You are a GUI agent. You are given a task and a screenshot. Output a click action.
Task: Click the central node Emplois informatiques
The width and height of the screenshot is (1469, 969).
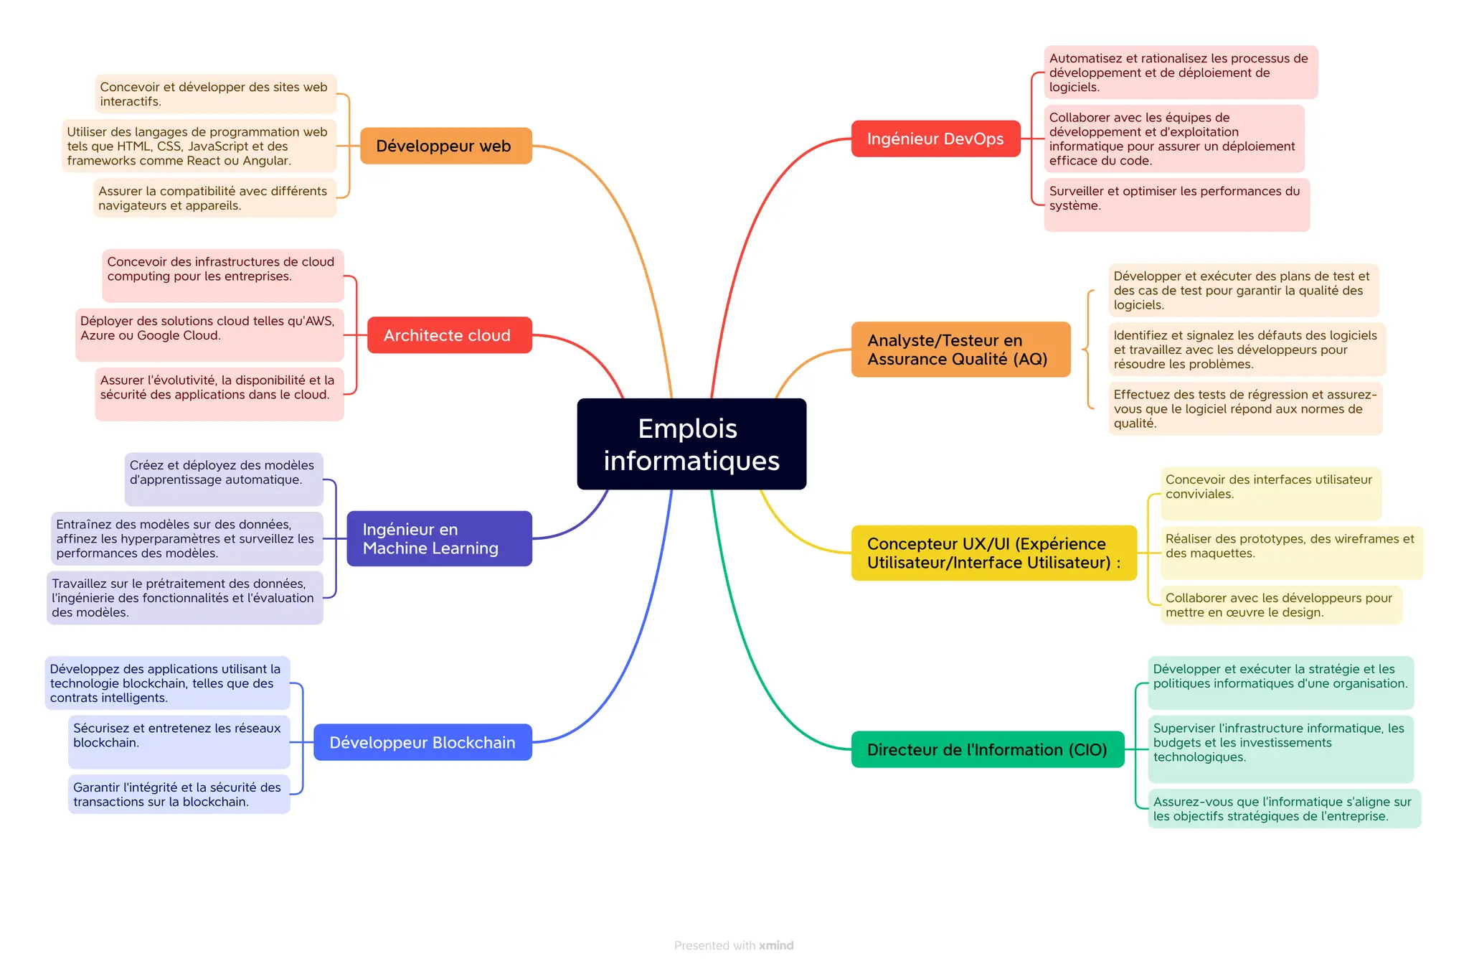point(691,444)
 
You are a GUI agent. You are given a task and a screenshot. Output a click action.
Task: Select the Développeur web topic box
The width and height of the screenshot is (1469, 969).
point(445,146)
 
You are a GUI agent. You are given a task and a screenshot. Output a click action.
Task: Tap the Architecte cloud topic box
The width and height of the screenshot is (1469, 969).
point(449,335)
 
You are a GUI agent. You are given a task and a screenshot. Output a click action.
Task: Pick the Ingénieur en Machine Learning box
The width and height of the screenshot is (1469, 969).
point(439,538)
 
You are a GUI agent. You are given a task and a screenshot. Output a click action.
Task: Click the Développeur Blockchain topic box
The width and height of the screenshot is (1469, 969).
point(422,742)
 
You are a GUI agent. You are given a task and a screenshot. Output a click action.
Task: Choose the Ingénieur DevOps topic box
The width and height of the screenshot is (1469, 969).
point(935,139)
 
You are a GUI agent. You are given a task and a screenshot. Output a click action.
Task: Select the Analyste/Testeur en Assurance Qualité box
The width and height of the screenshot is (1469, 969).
point(960,350)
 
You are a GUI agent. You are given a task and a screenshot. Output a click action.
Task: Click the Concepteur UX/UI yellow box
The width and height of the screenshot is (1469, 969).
point(993,553)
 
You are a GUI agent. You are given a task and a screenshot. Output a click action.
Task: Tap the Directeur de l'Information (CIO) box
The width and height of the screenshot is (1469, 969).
point(987,749)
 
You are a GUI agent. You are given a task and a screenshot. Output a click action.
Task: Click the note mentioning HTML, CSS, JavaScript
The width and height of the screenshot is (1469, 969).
point(199,146)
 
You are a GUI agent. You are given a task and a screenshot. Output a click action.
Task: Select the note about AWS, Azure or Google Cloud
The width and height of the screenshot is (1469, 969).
point(209,334)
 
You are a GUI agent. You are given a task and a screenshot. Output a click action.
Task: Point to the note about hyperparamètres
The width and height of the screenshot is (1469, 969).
point(186,538)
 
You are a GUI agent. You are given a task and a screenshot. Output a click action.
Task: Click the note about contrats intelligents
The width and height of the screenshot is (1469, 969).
point(167,683)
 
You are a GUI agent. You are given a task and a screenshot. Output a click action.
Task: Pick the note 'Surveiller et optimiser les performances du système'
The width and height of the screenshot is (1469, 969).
point(1176,205)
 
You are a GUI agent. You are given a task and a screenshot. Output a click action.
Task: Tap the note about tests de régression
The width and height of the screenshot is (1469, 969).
point(1244,408)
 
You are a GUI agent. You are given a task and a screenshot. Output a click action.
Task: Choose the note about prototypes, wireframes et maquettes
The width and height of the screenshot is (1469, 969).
point(1291,552)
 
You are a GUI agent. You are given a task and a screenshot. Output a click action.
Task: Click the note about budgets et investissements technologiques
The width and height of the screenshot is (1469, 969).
point(1280,749)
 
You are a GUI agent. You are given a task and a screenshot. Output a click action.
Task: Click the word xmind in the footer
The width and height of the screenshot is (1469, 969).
point(777,945)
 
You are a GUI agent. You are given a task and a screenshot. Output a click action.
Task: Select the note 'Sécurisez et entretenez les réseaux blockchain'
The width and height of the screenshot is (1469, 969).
point(179,741)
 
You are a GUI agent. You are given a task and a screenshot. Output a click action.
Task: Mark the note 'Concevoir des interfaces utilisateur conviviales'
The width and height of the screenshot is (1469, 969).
point(1270,493)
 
